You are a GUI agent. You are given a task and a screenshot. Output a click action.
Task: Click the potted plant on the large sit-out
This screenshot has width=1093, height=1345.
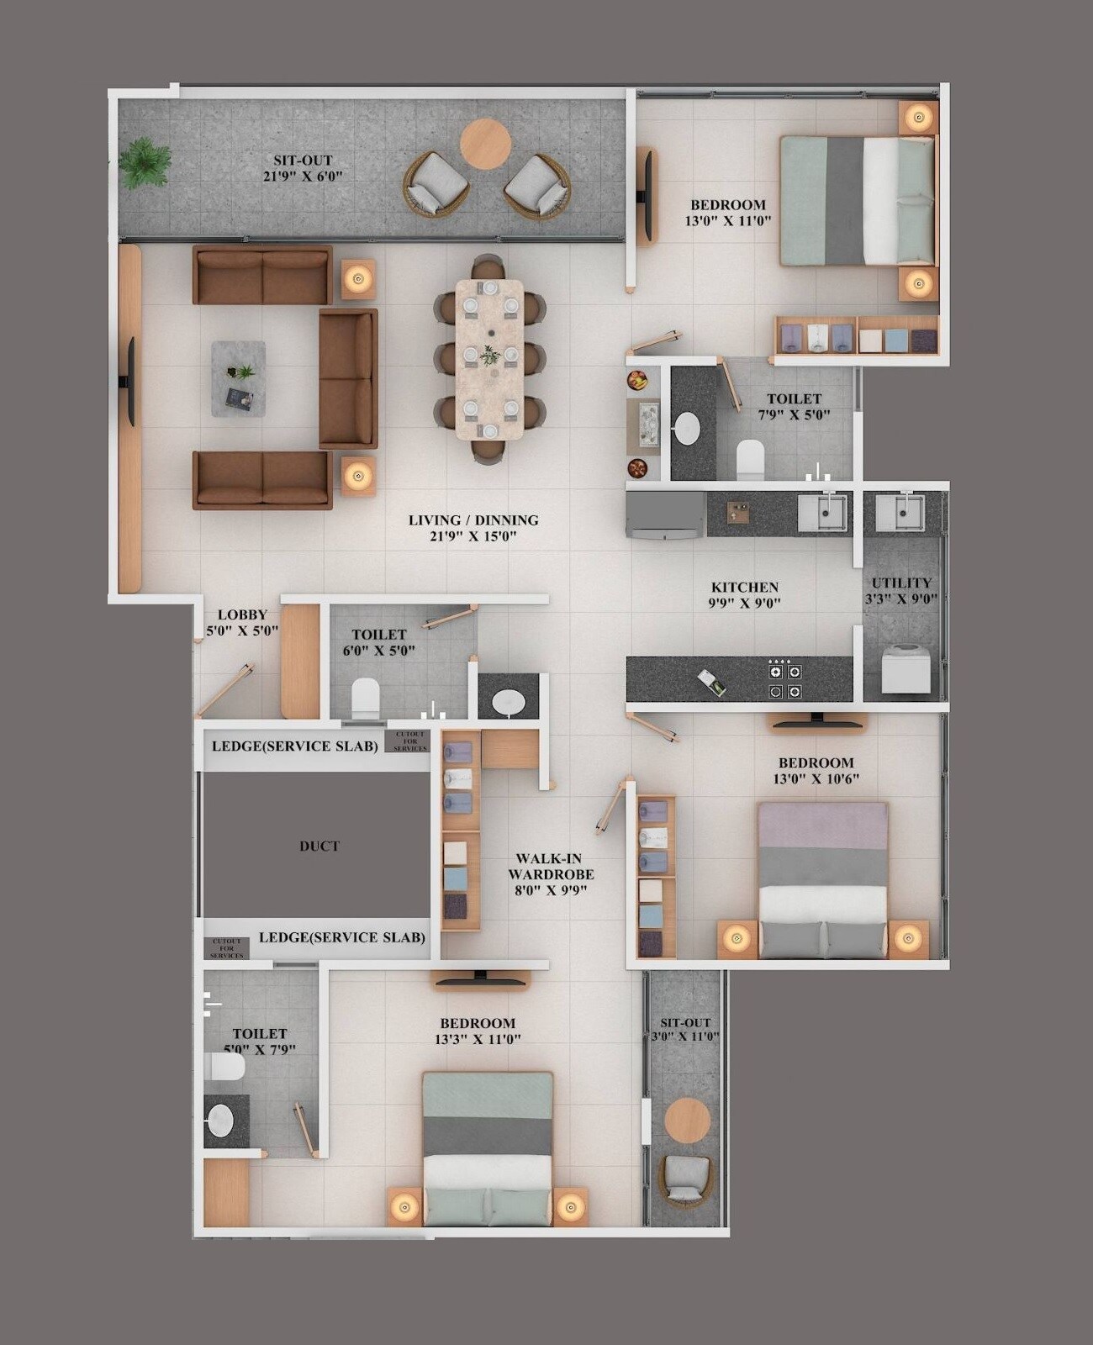pos(145,163)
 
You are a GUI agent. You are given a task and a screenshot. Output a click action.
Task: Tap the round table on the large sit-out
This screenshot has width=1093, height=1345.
pos(485,144)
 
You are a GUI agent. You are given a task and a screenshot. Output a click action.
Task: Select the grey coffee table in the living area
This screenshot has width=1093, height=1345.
pos(238,378)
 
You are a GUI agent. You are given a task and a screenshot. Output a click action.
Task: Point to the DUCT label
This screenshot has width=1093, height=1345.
pos(319,847)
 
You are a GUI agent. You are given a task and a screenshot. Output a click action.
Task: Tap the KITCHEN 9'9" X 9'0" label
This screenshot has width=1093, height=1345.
pos(745,594)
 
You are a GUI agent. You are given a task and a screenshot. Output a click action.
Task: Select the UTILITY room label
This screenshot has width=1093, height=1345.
pos(901,590)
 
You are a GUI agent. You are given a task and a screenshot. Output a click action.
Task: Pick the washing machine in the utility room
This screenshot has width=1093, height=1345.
pos(906,668)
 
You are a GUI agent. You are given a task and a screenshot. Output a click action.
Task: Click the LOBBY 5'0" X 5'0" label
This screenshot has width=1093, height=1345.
pos(242,622)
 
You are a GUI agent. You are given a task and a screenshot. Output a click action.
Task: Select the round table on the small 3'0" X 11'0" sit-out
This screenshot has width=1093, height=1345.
pos(688,1120)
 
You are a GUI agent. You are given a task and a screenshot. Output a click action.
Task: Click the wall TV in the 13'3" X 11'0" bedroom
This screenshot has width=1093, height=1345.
pos(480,980)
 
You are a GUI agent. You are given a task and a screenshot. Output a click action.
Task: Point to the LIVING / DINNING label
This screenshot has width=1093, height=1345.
pos(473,528)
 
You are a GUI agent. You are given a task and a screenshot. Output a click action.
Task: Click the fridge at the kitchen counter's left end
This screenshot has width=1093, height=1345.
pos(665,515)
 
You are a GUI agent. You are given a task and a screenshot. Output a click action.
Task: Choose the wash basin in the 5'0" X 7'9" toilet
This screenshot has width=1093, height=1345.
pos(220,1121)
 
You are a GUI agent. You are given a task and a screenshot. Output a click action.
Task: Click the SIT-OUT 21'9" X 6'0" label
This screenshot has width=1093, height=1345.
pos(303,167)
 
